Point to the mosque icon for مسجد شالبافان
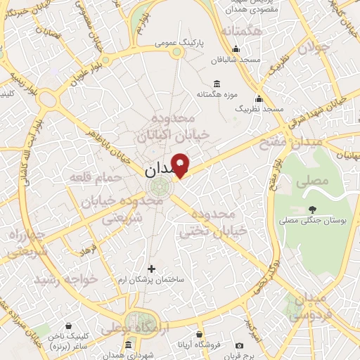pyautogui.click(x=236, y=49)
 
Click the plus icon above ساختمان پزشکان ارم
pyautogui.click(x=151, y=268)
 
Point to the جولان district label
pyautogui.click(x=314, y=48)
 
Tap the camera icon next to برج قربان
pyautogui.click(x=240, y=346)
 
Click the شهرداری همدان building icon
pyautogui.click(x=128, y=345)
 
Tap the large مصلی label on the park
pyautogui.click(x=314, y=181)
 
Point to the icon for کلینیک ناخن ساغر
pyautogui.click(x=68, y=326)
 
